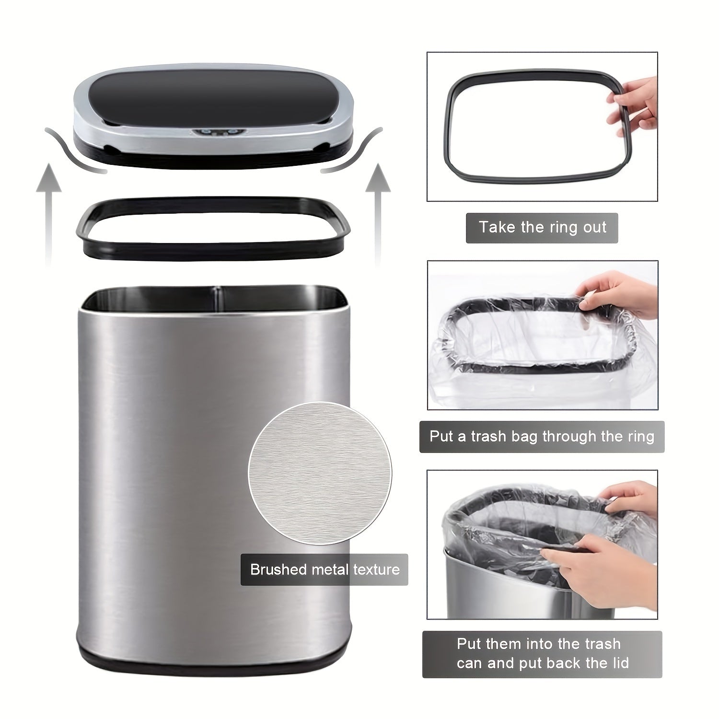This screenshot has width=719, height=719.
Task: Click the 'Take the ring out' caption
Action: coord(542,228)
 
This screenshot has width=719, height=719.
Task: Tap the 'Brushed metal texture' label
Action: coord(325,570)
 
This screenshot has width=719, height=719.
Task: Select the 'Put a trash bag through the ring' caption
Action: coord(542,437)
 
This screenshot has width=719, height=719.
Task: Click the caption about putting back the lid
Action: coord(542,654)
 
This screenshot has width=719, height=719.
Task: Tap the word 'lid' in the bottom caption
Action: coord(618,663)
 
